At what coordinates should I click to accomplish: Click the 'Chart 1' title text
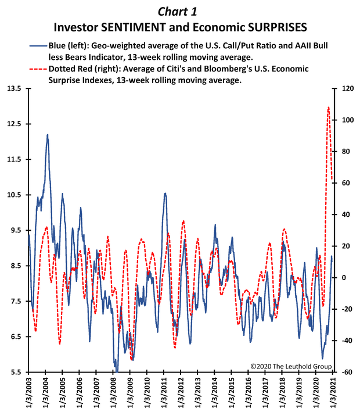click(177, 12)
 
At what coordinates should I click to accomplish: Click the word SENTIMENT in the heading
click(134, 27)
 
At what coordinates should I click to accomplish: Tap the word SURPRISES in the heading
click(273, 27)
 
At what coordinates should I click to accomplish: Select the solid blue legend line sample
click(38, 46)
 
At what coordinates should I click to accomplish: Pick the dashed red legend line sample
click(38, 69)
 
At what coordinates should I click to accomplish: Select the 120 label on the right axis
click(348, 88)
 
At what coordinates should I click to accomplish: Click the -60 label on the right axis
click(347, 372)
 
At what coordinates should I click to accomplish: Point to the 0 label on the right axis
click(344, 278)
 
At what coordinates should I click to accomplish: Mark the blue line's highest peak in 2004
click(48, 135)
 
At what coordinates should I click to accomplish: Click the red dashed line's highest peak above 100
click(329, 107)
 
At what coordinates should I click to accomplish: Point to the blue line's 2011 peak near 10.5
click(165, 193)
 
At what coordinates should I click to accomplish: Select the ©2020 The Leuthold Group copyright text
click(291, 366)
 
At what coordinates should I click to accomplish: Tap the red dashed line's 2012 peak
click(183, 221)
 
